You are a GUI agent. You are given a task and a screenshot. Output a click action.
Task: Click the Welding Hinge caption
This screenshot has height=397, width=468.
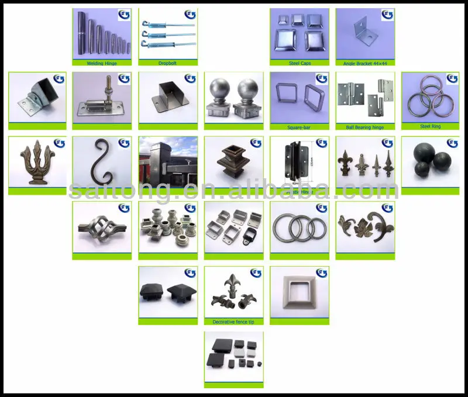click(102, 63)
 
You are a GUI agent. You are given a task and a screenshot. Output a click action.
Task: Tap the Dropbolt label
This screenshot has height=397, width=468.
click(167, 63)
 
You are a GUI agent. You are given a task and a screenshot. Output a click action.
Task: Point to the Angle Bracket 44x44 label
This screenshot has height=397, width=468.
click(364, 63)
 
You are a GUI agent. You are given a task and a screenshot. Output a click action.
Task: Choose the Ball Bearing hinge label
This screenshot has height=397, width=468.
click(364, 127)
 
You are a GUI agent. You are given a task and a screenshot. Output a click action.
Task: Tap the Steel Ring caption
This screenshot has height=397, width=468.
click(430, 127)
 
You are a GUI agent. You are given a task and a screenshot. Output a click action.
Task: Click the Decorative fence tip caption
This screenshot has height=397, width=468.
click(233, 322)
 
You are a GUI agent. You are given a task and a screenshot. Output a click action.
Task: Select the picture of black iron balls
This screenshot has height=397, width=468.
click(430, 161)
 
